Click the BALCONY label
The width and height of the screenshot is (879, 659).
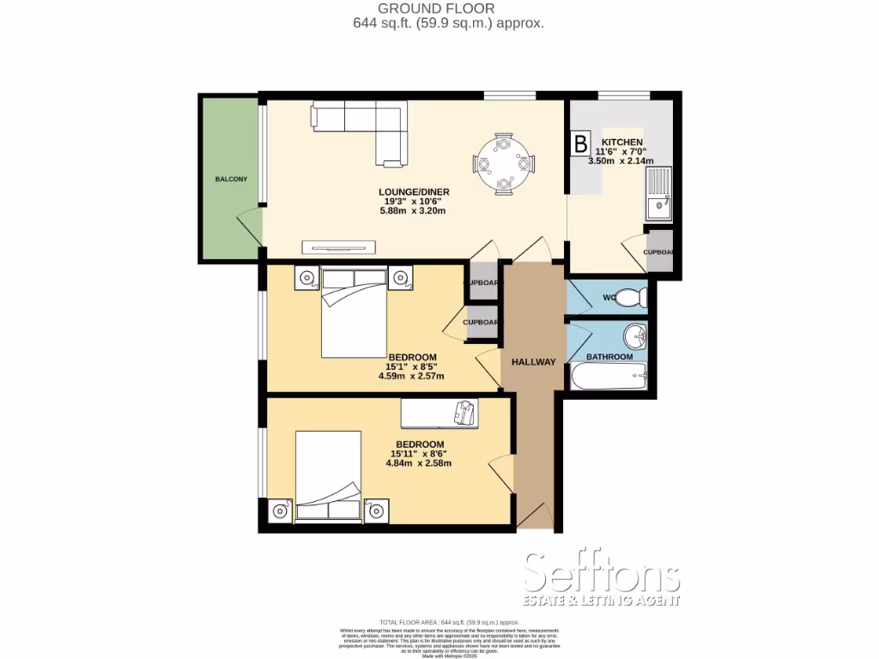(231, 179)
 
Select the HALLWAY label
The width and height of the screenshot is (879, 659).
(535, 361)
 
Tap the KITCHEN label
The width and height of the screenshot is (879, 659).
(622, 142)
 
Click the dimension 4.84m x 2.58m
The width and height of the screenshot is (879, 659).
(418, 463)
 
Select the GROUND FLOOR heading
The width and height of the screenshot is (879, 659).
(448, 9)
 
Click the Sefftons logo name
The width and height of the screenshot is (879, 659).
(602, 571)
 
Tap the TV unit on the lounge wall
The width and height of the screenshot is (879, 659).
(339, 248)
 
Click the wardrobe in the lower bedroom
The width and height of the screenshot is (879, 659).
(440, 414)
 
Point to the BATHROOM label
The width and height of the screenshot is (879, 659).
(609, 357)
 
